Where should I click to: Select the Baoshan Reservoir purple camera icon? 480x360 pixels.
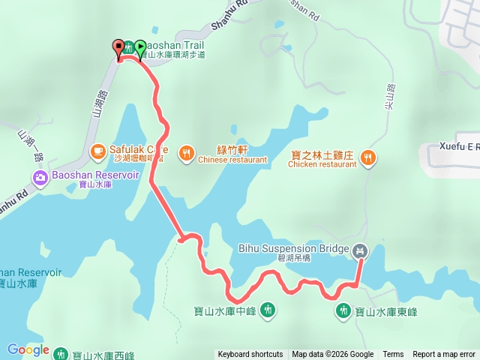(40, 178)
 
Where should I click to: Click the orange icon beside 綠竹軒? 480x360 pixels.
(186, 154)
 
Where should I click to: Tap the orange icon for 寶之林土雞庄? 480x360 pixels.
(367, 157)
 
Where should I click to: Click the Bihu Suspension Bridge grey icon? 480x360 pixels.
(361, 250)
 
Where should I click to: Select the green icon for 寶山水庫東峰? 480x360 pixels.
(343, 310)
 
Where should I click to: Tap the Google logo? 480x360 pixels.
(27, 350)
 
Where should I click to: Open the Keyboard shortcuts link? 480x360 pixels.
(250, 355)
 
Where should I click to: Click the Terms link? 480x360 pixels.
(393, 355)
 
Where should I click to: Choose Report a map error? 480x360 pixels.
(444, 355)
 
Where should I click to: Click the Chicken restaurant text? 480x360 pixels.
(324, 164)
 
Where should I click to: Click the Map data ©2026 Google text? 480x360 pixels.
(332, 355)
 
